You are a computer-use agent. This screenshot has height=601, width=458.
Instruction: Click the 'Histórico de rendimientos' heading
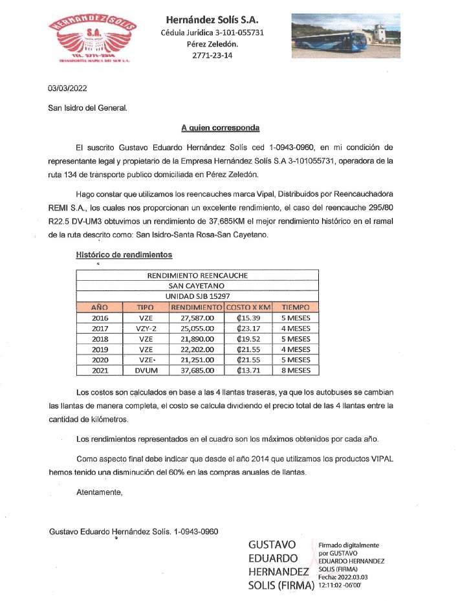(x=124, y=255)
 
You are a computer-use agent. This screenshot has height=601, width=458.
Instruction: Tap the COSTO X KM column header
(x=248, y=307)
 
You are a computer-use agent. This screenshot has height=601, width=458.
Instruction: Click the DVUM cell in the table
(x=145, y=371)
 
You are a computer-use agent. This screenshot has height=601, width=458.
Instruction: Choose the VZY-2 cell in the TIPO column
(x=145, y=329)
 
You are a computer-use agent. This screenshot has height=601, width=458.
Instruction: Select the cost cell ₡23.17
(x=248, y=329)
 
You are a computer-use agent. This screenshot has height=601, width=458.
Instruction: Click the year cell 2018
(x=100, y=339)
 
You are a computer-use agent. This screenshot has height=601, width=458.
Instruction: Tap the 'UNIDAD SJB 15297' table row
(x=197, y=296)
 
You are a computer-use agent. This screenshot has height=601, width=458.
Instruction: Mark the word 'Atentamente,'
(x=99, y=492)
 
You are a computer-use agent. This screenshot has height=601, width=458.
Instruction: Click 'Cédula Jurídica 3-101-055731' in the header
(x=212, y=32)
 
